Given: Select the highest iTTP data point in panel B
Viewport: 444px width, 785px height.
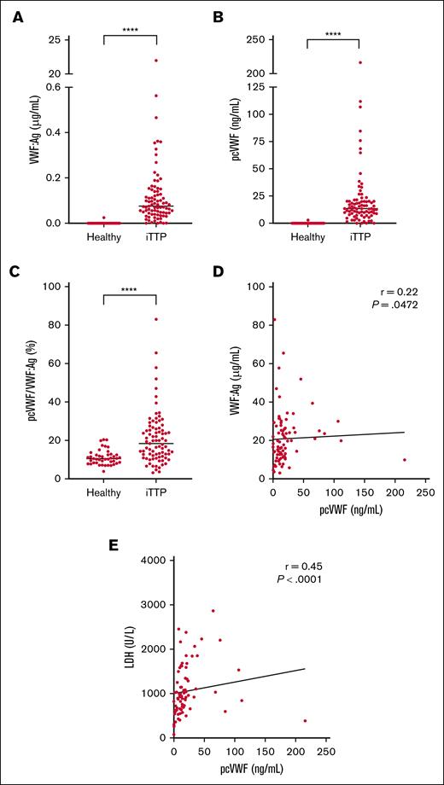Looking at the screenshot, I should click(359, 62).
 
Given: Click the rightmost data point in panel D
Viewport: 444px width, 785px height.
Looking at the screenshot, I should click(405, 460).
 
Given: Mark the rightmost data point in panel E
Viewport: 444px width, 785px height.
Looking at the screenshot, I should click(305, 721).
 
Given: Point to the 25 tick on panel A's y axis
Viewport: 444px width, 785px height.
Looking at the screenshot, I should click(53, 40).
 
